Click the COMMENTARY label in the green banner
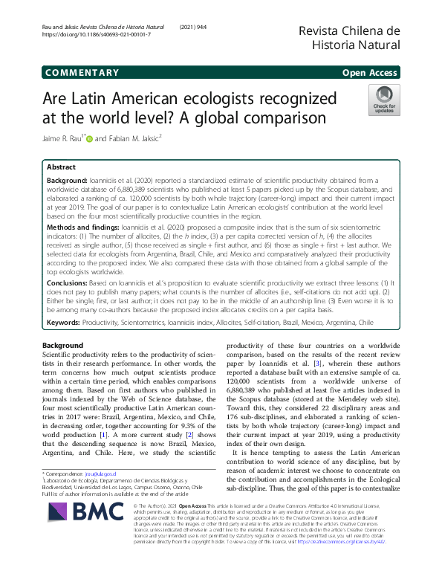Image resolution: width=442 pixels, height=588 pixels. click(x=82, y=73)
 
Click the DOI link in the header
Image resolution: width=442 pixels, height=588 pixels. click(x=97, y=35)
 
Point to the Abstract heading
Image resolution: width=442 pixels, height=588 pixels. click(x=61, y=167)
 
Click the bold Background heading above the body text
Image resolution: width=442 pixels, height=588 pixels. click(x=62, y=346)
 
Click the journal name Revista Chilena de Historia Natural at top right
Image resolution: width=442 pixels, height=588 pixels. click(x=349, y=37)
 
